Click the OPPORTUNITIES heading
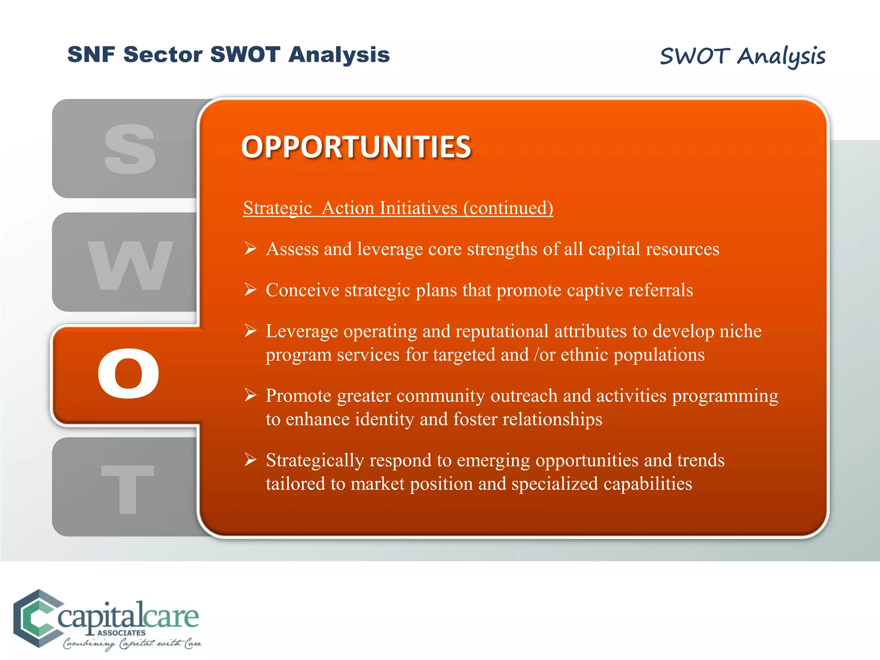coord(356,147)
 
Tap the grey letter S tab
coord(129,149)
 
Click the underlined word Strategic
coord(277,208)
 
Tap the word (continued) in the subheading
coord(508,208)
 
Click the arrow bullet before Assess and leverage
coord(251,248)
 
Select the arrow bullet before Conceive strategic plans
coord(251,290)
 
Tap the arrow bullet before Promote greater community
coord(251,394)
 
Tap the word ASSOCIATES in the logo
coord(122,633)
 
